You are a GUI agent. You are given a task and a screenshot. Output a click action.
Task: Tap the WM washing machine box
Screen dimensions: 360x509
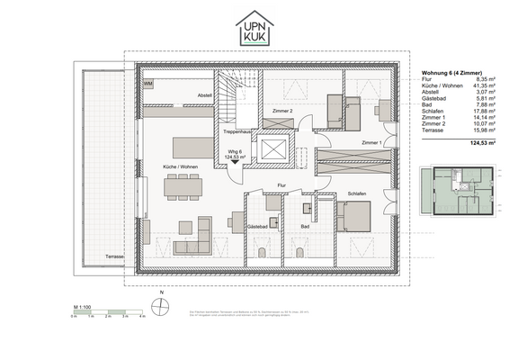(x=148, y=84)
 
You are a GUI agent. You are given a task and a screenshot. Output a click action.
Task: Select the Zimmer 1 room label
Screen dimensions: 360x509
(x=371, y=143)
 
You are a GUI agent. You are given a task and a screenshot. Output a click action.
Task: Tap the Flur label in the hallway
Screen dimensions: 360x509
(x=281, y=185)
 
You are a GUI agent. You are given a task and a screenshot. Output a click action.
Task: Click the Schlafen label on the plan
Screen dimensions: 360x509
(x=356, y=193)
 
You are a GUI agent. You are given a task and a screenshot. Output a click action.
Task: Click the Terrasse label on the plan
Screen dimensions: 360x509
(x=114, y=256)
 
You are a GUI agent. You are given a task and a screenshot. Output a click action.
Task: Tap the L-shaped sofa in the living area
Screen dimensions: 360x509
(x=191, y=239)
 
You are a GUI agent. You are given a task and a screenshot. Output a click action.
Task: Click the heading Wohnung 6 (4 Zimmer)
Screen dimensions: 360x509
(x=454, y=73)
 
